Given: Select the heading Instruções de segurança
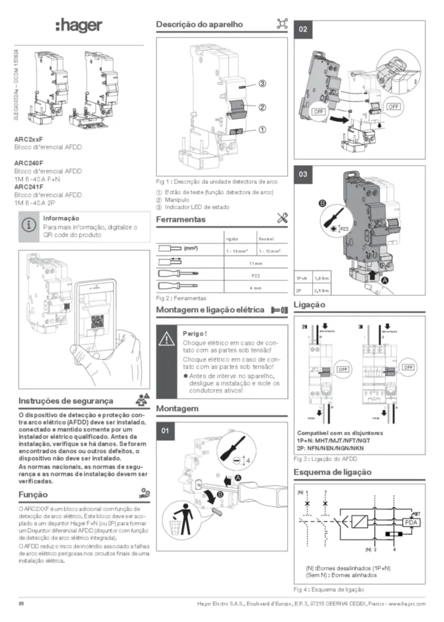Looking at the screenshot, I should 66,401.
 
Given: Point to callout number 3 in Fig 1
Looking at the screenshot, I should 262,83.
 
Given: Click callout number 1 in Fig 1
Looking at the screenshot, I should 262,129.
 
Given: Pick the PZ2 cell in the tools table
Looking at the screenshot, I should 255,275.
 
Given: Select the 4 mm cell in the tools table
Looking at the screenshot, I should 255,287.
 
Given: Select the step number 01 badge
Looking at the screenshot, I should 166,431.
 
